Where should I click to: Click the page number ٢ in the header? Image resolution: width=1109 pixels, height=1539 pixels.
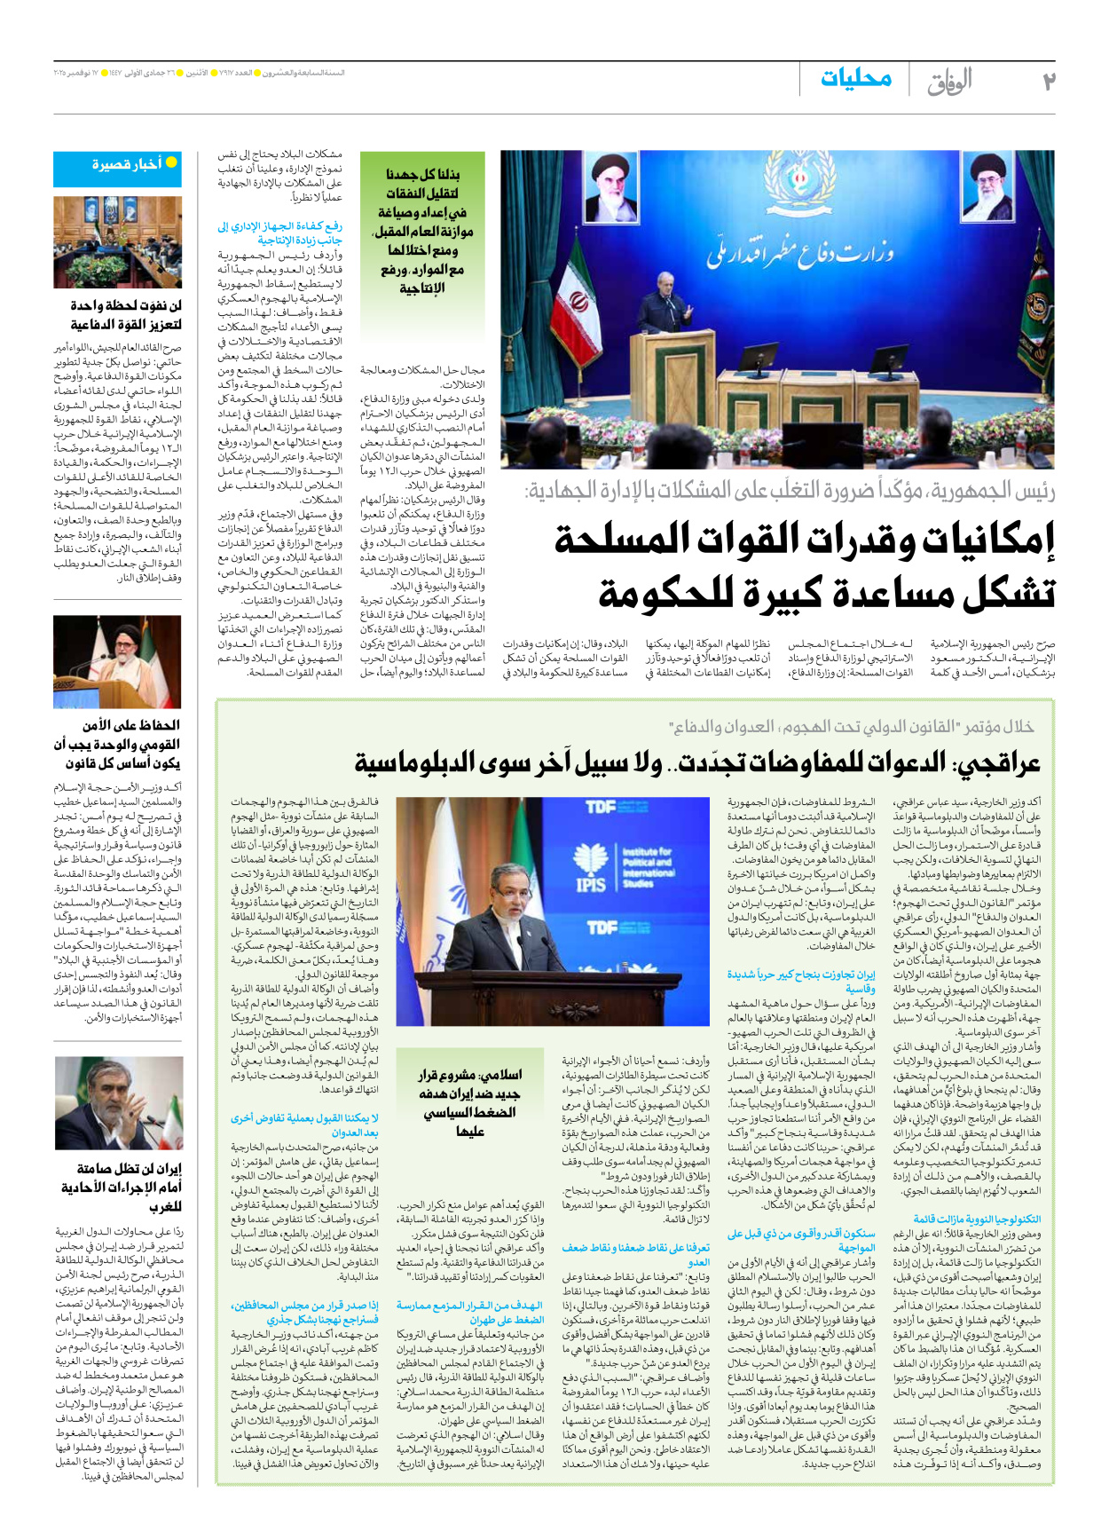1049,82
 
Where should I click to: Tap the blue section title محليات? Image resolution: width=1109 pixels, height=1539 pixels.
856,78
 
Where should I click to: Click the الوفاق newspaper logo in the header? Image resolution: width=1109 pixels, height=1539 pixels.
950,82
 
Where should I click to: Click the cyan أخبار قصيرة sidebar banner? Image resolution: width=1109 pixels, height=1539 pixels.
118,165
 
